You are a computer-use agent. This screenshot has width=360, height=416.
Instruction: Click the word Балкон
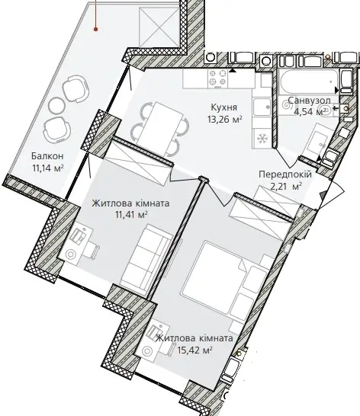point(47,156)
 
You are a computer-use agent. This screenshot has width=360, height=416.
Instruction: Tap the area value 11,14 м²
point(48,168)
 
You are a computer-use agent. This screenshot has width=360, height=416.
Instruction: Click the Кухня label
point(223,107)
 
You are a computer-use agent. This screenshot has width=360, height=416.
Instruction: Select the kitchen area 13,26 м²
point(225,119)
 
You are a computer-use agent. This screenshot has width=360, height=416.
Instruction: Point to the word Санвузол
point(309,101)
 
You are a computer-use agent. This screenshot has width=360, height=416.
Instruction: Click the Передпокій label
point(285,174)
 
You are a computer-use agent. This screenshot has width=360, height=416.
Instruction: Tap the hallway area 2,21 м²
point(286,186)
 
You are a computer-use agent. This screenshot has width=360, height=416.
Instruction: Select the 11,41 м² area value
point(131,215)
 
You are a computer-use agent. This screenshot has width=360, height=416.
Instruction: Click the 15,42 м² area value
point(195,350)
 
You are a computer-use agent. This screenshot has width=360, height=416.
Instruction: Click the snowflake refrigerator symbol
point(262,138)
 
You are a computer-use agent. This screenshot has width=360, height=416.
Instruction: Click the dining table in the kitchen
point(160,130)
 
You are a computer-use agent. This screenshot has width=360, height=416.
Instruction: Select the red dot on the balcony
point(95,29)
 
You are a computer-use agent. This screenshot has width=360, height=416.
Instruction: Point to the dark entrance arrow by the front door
point(322,195)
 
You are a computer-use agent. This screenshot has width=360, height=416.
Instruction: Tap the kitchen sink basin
point(262,107)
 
